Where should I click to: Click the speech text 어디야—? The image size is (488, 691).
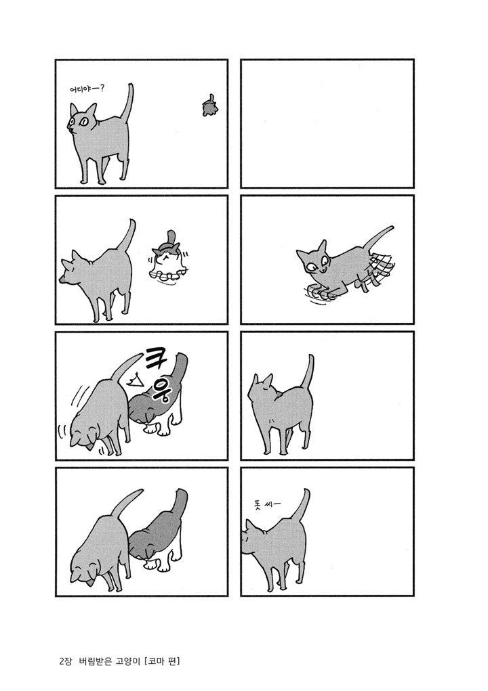click(87, 89)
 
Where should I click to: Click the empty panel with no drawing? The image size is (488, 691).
click(327, 123)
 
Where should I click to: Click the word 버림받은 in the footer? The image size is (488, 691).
click(96, 661)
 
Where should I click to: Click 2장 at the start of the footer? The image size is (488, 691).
click(64, 661)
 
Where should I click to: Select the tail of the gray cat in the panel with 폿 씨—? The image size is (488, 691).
click(303, 506)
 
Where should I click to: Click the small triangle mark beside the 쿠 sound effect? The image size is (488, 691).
click(134, 378)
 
